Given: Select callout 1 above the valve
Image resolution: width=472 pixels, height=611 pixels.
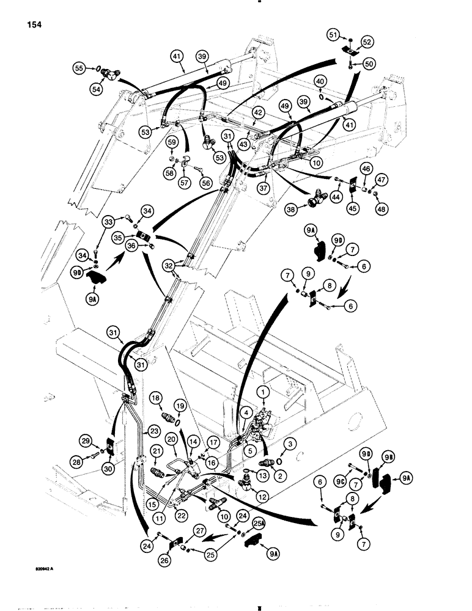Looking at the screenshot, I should click(263, 391).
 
